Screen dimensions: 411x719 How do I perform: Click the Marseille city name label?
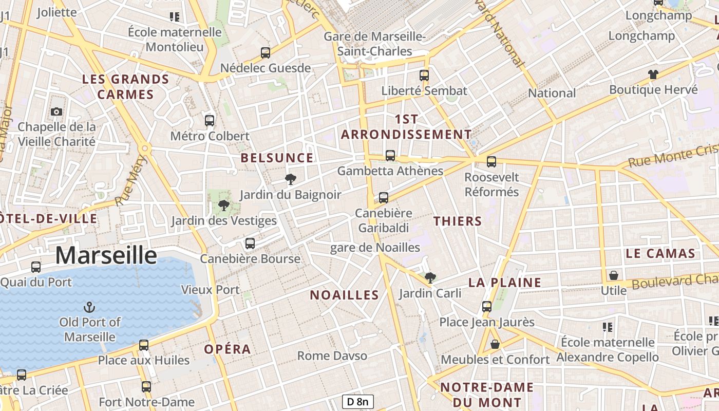coord(106,255)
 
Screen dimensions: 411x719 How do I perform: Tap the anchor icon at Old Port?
coord(89,307)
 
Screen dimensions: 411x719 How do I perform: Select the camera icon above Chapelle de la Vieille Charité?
coord(56,111)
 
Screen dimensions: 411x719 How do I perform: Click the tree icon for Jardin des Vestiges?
coord(223,206)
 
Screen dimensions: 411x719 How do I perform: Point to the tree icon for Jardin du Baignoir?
coord(290,179)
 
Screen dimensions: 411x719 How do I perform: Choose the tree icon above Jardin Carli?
coord(430,278)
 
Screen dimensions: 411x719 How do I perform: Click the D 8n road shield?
coord(357,402)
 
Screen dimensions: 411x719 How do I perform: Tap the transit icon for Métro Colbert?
coord(210,121)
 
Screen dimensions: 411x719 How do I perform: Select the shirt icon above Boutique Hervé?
coord(653,74)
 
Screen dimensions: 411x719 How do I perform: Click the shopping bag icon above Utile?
coord(613,275)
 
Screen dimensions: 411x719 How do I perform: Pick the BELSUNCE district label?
coord(277,158)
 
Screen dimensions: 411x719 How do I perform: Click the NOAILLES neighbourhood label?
coord(344,295)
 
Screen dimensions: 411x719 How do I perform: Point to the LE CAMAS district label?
coord(660,253)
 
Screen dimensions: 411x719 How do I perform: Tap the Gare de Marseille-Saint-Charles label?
coord(375,44)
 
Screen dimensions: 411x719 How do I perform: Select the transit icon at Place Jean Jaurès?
coord(487,307)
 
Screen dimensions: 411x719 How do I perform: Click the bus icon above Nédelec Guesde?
coord(266,52)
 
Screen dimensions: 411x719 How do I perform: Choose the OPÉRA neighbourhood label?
coord(228,349)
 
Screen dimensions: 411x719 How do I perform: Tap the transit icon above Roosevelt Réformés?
coord(491,162)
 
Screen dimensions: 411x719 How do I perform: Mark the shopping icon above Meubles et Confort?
coord(495,344)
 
